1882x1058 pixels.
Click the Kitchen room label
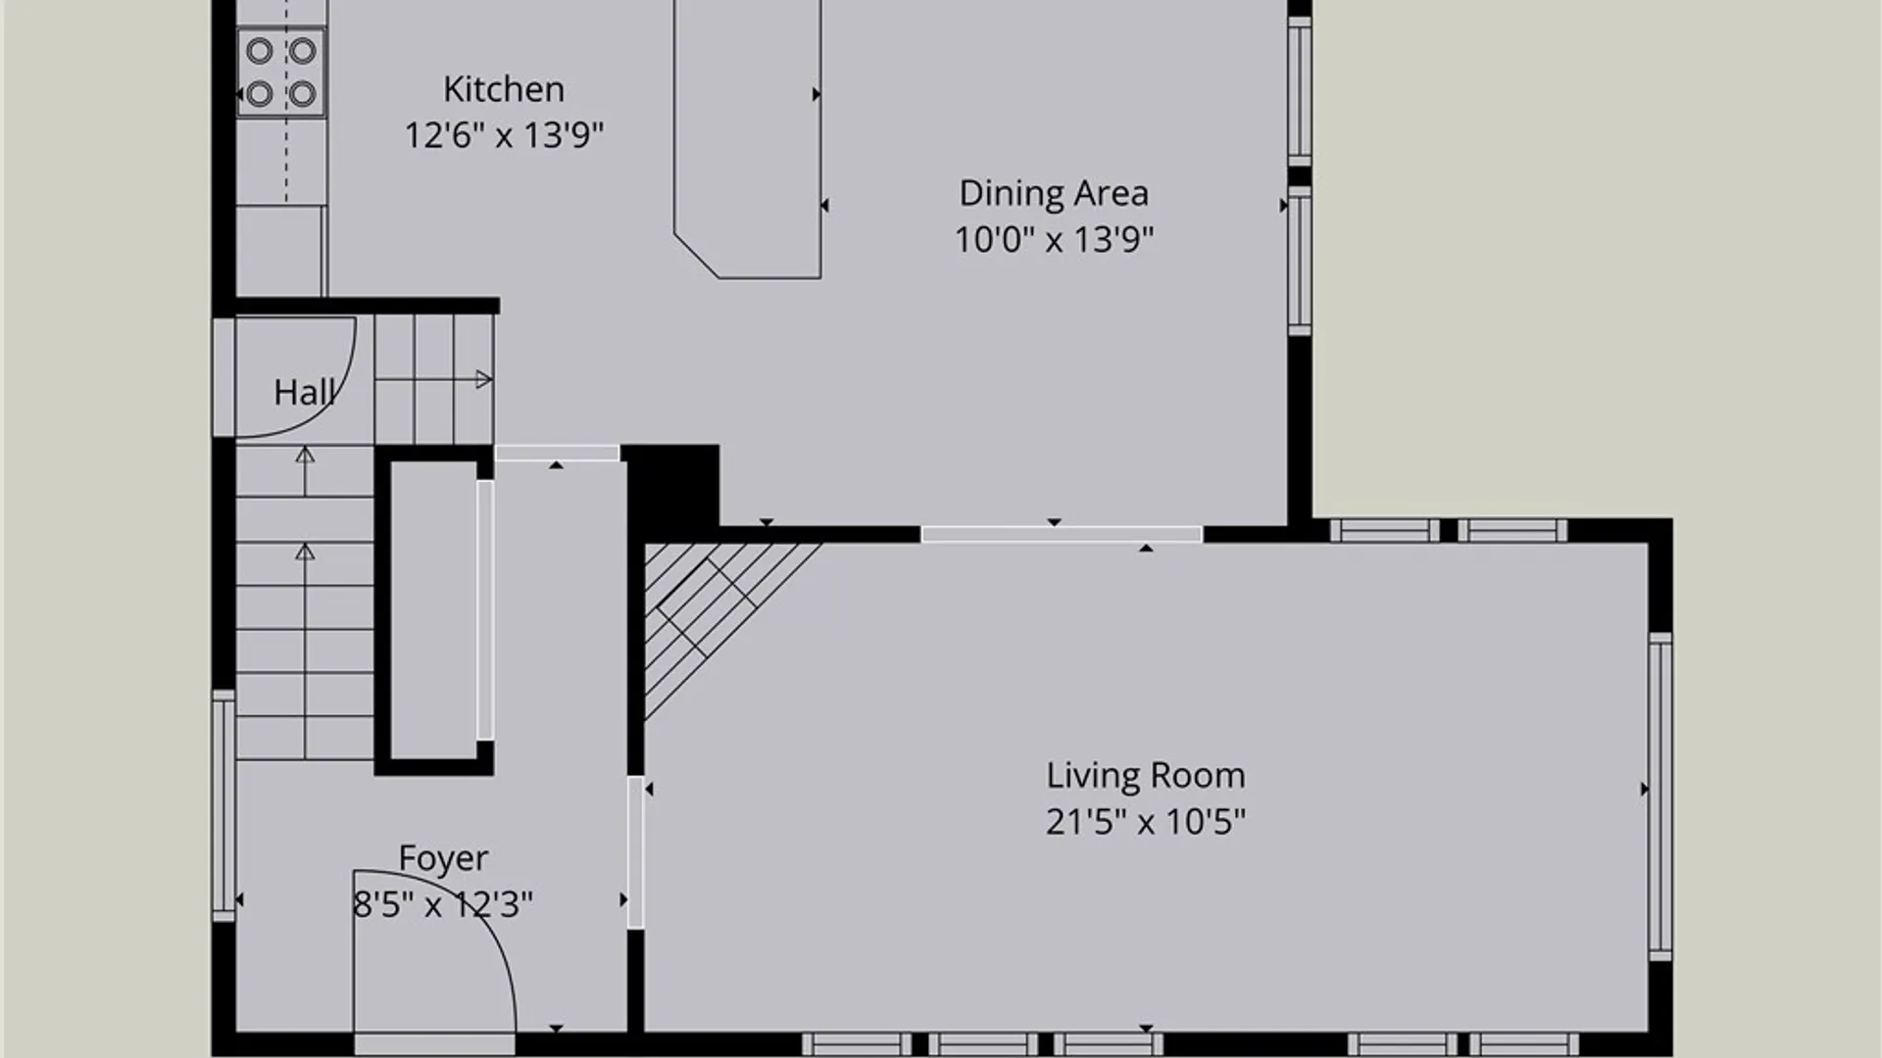(x=504, y=89)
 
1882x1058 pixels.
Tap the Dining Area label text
(x=1054, y=193)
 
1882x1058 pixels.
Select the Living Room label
(x=1146, y=776)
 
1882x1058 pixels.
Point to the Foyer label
(x=443, y=859)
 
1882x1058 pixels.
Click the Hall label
(x=305, y=393)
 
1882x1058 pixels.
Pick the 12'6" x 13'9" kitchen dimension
(x=504, y=135)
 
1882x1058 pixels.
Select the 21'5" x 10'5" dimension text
(x=1146, y=821)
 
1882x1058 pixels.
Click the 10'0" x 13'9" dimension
(x=1054, y=239)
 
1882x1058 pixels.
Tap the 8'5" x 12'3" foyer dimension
(x=443, y=904)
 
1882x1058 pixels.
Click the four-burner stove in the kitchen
(x=281, y=72)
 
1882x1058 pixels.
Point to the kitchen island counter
(x=747, y=137)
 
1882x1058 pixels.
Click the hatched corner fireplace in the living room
(x=720, y=617)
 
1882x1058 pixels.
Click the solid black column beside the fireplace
(x=671, y=485)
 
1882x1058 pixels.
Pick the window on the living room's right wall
(x=1659, y=796)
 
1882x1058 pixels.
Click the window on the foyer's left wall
(x=223, y=805)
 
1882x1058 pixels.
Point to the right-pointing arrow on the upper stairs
(x=483, y=379)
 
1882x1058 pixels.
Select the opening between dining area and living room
(x=1062, y=534)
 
